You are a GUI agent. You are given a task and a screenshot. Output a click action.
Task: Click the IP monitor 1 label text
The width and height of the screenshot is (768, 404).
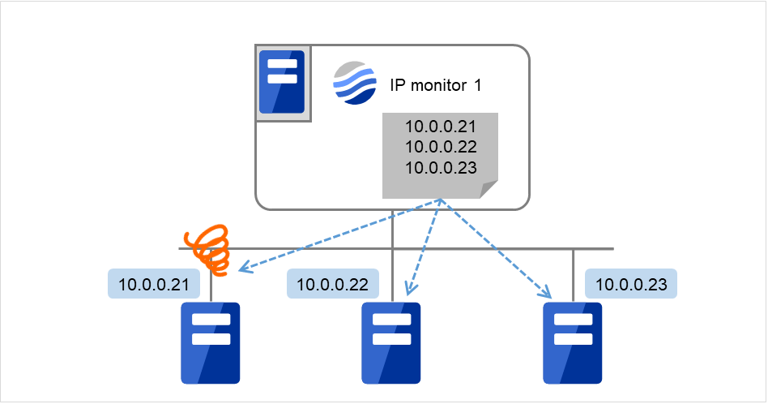[x=436, y=84]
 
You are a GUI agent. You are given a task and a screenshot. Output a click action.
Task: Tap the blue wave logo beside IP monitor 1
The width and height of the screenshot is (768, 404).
[x=355, y=83]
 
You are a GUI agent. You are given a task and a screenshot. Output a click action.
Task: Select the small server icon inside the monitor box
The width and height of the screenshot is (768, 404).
[x=281, y=82]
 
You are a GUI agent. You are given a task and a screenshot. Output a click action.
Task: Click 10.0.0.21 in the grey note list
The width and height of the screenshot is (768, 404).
[x=440, y=128]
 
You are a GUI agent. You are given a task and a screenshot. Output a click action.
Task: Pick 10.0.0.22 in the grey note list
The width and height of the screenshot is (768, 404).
[x=440, y=148]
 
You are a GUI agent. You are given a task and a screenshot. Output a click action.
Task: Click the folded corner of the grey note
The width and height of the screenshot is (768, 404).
[x=489, y=190]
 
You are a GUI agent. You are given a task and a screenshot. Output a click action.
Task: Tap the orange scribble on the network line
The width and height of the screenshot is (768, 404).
[x=206, y=248]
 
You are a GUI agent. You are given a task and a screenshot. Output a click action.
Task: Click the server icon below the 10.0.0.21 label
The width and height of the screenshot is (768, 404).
[x=211, y=342]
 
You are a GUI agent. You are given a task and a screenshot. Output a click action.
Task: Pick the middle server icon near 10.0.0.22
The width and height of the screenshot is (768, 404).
[x=391, y=342]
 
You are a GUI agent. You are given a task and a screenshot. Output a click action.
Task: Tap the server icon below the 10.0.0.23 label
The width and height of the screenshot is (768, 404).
[x=573, y=342]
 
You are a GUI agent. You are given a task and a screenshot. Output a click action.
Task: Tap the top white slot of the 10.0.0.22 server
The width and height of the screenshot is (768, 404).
[x=391, y=319]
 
